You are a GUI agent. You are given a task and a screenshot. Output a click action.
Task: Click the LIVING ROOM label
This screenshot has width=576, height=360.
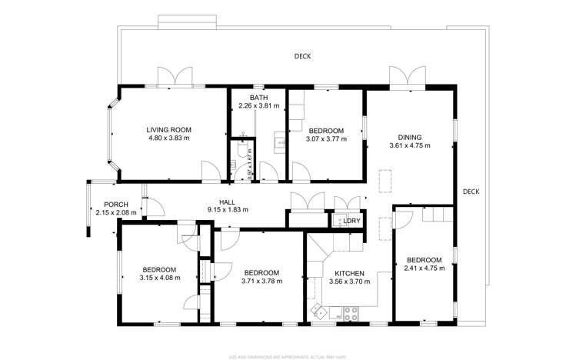point(168,129)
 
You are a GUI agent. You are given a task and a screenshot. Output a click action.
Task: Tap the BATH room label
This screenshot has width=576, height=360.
point(258,98)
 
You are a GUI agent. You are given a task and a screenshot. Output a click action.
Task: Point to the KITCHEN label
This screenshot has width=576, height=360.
point(348,273)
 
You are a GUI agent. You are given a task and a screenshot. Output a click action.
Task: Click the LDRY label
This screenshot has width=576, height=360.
point(352,222)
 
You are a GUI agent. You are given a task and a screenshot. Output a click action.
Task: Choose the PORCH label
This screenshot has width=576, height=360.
point(115,205)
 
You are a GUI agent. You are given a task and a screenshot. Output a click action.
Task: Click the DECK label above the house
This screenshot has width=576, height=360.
point(302,56)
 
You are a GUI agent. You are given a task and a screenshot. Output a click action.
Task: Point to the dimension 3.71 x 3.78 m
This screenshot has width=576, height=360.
point(261,282)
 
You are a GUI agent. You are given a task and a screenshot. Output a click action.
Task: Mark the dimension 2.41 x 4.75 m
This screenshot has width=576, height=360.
point(424,268)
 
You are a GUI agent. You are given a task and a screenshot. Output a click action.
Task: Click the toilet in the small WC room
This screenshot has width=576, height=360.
point(241,152)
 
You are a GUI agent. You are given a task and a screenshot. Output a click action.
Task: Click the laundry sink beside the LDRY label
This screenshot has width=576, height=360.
point(338,222)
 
